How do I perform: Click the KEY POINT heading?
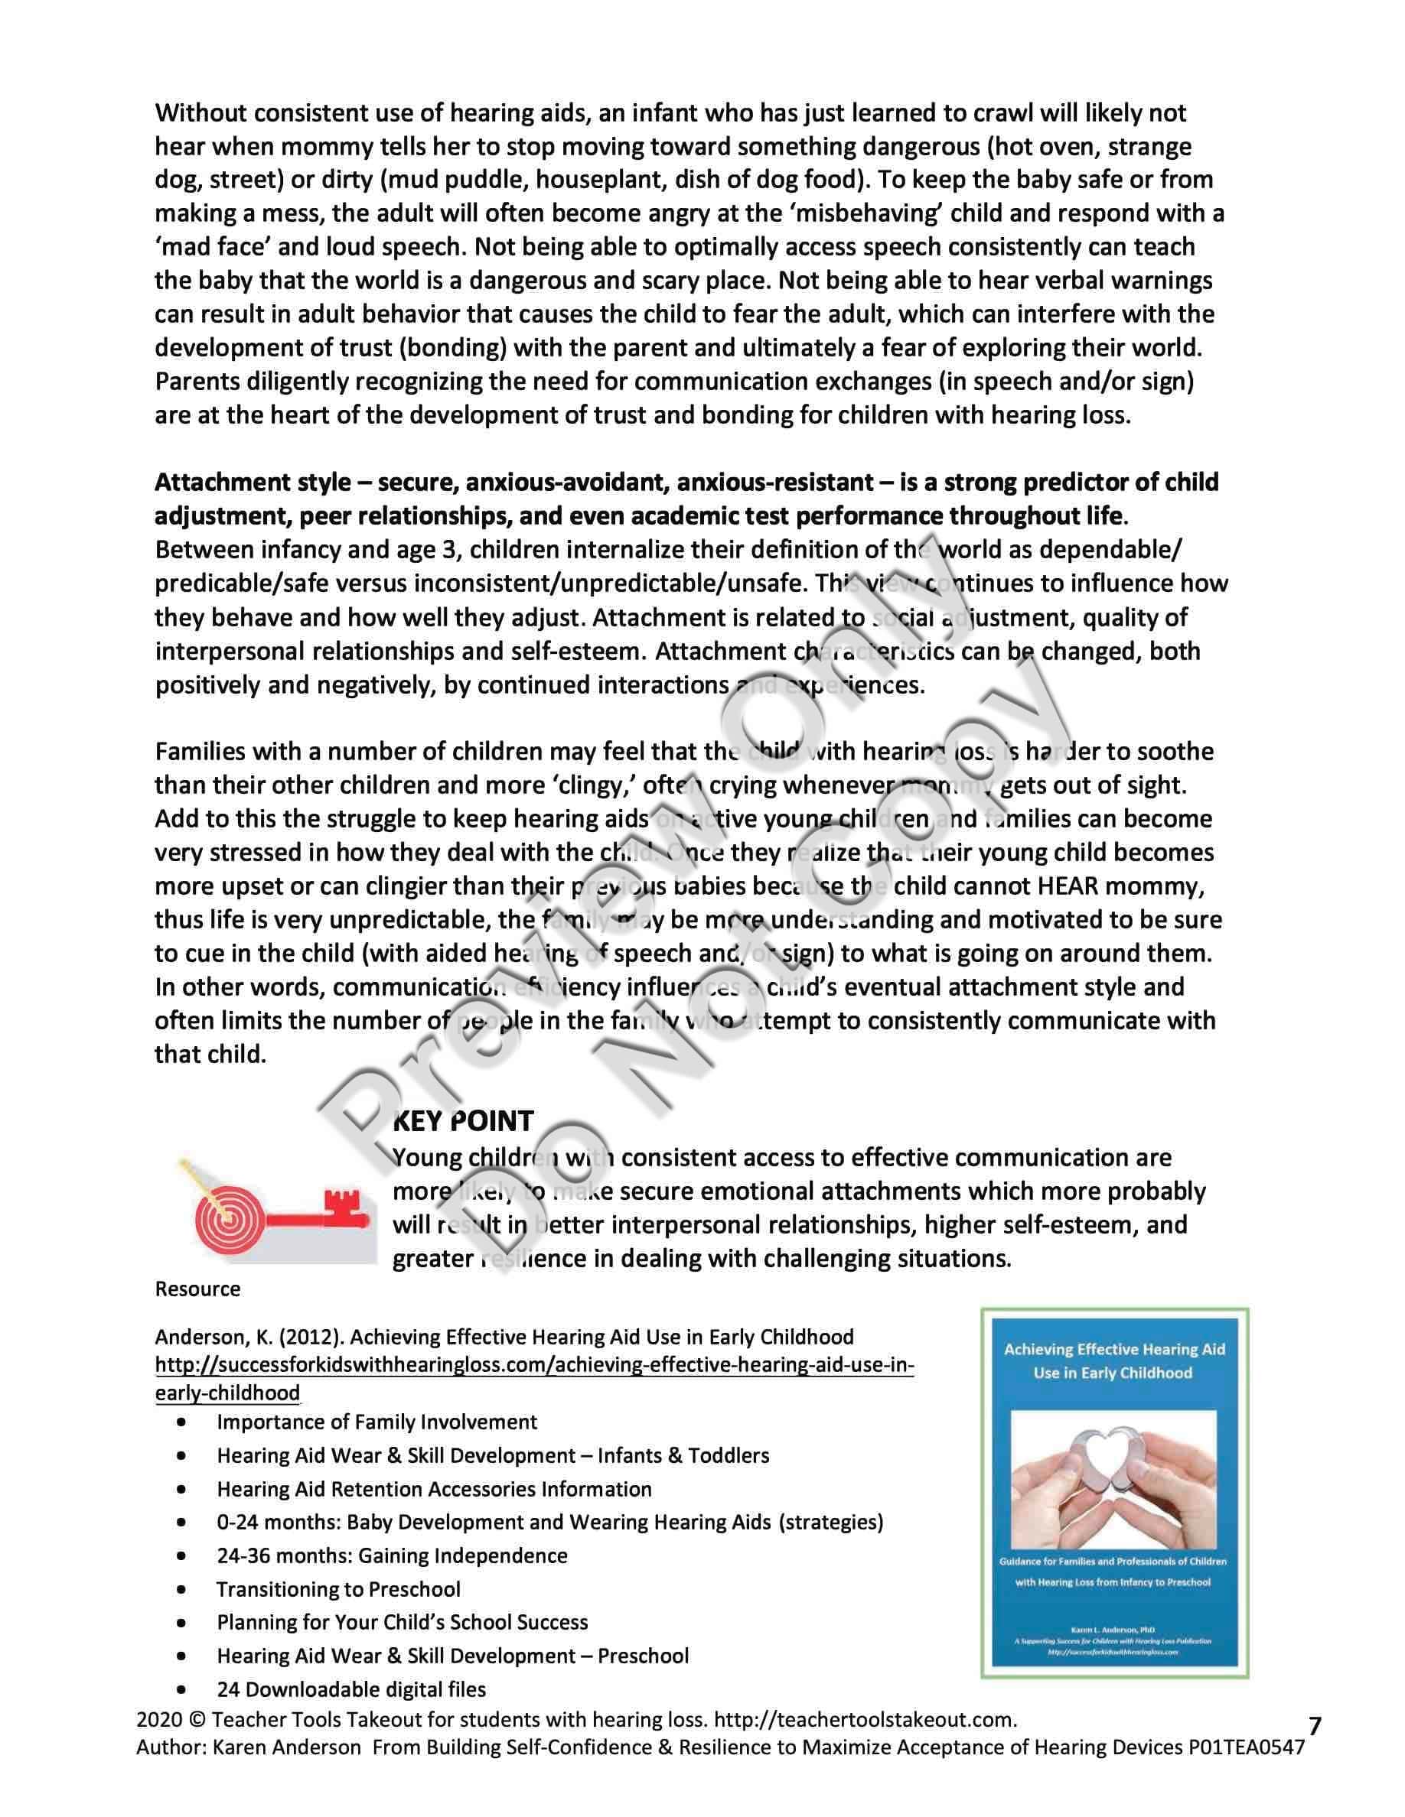tap(463, 1120)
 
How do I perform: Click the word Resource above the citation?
tap(197, 1289)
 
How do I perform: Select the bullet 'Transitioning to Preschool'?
tap(338, 1589)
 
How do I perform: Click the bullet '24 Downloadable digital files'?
tap(351, 1689)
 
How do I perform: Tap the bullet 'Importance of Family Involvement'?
tap(377, 1422)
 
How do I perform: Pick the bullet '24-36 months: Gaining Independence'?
tap(391, 1555)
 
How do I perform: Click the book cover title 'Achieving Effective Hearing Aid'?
tap(1113, 1350)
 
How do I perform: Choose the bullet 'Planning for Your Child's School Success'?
tap(402, 1622)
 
